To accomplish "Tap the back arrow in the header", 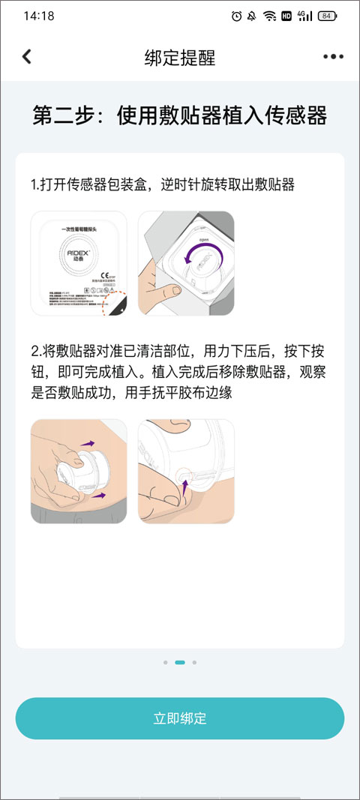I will click(27, 57).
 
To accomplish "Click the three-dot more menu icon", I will click(333, 57).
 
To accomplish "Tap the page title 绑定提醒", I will click(179, 58).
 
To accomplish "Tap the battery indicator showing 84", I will click(326, 16).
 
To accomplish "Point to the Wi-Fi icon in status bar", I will click(269, 16).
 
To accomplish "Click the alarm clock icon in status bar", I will click(237, 16).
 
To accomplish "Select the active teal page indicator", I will click(180, 663).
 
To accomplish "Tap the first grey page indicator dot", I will click(165, 663).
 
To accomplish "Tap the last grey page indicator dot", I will click(194, 663).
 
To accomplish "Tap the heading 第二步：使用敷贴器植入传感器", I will click(179, 116).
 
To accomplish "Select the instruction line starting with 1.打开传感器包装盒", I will click(162, 185).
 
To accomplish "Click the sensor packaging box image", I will click(79, 263).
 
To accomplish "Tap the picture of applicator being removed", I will click(186, 471).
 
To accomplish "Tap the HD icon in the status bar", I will click(286, 16).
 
